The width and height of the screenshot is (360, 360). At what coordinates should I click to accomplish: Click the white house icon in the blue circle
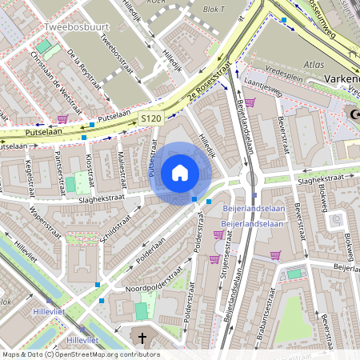[180, 172]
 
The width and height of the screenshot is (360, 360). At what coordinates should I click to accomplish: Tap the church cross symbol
[143, 339]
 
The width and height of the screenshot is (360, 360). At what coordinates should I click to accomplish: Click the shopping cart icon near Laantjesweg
[250, 102]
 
